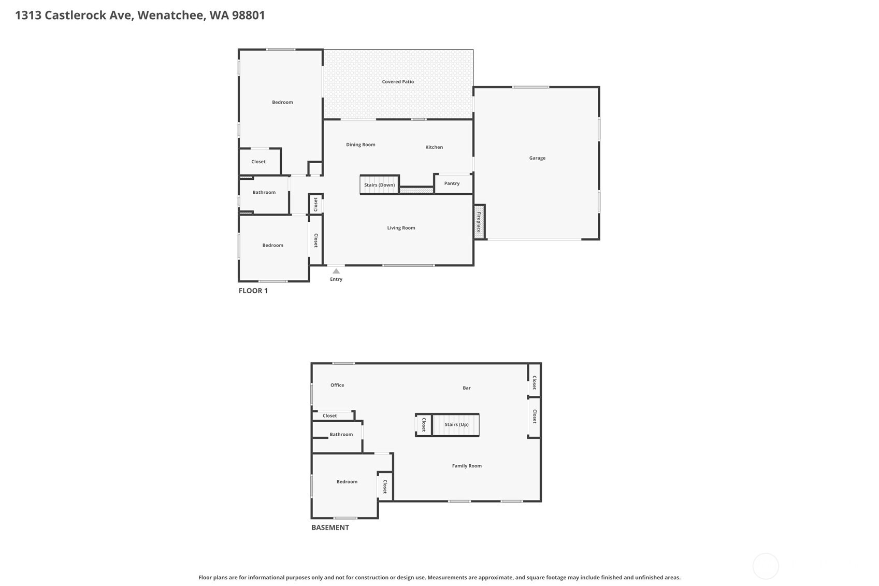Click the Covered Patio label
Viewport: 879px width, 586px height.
click(398, 82)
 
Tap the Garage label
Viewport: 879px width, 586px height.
click(537, 158)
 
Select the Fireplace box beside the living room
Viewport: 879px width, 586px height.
click(479, 222)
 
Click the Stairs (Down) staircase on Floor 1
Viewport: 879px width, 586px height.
click(380, 184)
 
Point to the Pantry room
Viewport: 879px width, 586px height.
click(453, 184)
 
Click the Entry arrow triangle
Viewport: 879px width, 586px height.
click(336, 271)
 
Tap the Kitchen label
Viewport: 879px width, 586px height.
click(434, 147)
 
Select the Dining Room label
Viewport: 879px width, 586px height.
click(361, 145)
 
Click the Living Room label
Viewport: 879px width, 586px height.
click(401, 227)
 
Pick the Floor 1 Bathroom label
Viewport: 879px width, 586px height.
click(264, 192)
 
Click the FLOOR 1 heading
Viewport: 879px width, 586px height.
click(253, 291)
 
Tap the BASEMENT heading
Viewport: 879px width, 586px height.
click(330, 527)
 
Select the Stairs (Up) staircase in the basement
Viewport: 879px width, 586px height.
click(456, 425)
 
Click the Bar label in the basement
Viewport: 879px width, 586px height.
click(467, 388)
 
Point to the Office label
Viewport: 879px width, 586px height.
click(337, 385)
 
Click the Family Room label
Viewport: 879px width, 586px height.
click(467, 466)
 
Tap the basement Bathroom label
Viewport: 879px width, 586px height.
click(341, 435)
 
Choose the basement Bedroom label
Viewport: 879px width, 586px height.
click(347, 481)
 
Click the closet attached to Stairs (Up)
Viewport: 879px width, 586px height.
click(424, 425)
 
